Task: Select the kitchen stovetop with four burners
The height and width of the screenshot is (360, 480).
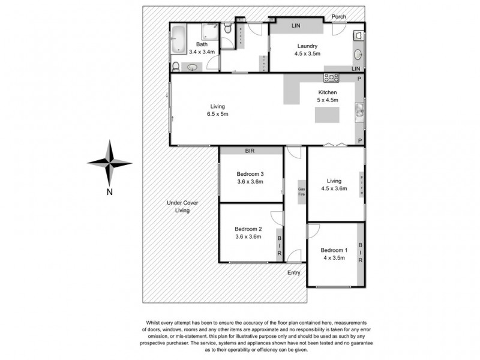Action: click(x=331, y=77)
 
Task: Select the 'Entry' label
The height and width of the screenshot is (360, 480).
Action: click(x=294, y=273)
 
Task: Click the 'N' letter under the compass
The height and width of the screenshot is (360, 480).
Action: click(x=110, y=192)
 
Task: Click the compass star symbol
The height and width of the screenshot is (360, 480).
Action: click(x=110, y=162)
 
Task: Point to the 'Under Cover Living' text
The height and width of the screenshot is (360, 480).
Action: click(x=182, y=207)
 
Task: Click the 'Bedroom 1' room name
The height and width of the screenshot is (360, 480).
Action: click(x=334, y=250)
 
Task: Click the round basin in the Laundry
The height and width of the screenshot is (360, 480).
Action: click(x=359, y=55)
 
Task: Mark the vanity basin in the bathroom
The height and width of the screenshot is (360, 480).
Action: click(x=192, y=68)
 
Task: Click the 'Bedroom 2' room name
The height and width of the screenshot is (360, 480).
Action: click(x=248, y=229)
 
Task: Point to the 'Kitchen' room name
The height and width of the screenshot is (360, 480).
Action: click(x=327, y=92)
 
